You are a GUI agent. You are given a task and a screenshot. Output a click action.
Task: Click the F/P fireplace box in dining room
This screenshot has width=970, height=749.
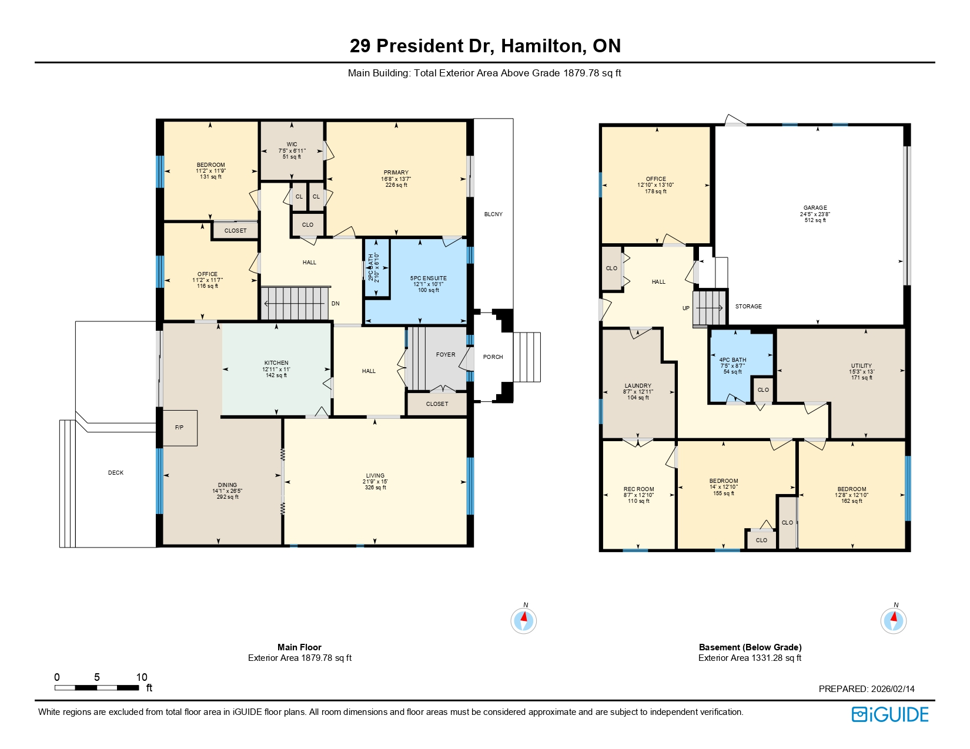pos(180,428)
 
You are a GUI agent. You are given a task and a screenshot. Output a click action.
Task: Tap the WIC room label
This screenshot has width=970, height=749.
pos(292,145)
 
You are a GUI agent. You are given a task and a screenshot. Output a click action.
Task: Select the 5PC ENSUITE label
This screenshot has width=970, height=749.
pos(428,278)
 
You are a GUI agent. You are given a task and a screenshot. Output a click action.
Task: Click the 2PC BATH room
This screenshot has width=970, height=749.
pos(377,268)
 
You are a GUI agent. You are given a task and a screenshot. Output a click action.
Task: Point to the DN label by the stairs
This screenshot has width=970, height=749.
pos(336,304)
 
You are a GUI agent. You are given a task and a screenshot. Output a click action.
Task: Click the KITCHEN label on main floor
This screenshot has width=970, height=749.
pos(276,363)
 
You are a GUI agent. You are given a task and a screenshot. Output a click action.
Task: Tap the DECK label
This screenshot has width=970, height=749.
pos(116,473)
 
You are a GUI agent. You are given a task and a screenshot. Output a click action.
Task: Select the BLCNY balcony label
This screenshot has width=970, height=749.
pos(493,214)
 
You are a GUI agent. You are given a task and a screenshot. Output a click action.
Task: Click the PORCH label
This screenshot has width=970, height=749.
pos(493,357)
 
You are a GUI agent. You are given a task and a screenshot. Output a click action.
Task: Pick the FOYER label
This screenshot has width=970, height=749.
pos(446,355)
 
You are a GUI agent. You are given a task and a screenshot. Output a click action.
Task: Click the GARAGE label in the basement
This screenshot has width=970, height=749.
pos(815,208)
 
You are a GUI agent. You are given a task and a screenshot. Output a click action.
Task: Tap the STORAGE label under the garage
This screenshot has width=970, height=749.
pos(748,307)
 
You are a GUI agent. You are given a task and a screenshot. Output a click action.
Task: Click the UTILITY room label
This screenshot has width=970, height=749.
pos(861,366)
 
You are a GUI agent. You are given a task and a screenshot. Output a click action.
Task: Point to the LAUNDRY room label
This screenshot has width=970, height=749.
pos(638,386)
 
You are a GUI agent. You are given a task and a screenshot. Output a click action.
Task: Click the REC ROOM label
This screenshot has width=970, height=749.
pos(638,489)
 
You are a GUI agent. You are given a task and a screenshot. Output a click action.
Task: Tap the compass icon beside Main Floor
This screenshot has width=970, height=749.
pos(523,620)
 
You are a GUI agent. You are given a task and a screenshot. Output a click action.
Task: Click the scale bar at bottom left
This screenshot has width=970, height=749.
pos(97,687)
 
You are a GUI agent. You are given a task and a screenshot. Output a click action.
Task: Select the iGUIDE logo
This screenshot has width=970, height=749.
pos(890,714)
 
